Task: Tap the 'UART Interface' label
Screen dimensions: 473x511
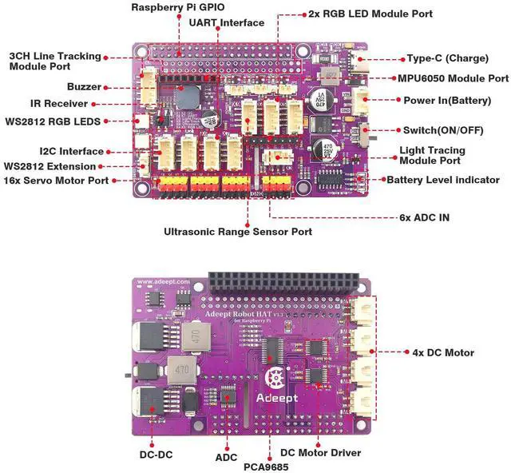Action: [x=226, y=23]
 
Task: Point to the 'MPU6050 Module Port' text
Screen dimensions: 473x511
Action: [x=453, y=79]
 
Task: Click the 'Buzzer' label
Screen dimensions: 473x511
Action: [x=84, y=86]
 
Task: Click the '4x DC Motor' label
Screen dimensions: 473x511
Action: [x=444, y=352]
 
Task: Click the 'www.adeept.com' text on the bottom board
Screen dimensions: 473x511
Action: [x=163, y=282]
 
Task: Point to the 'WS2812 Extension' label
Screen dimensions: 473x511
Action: [x=50, y=165]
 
